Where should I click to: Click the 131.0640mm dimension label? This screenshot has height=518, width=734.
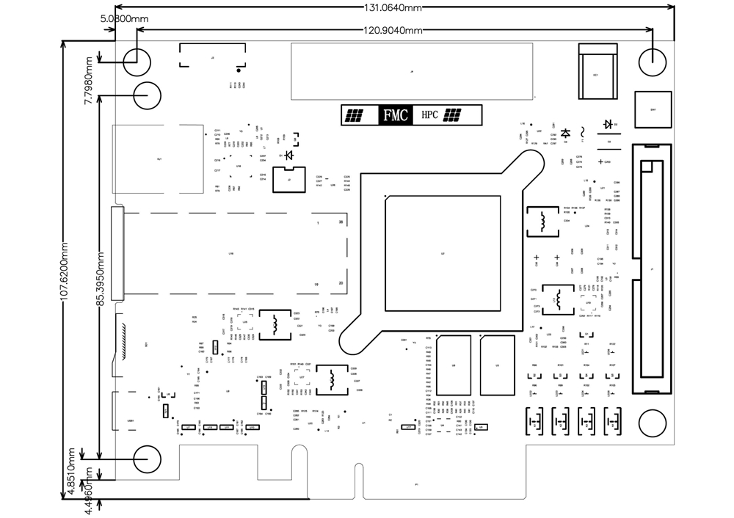pyautogui.click(x=393, y=8)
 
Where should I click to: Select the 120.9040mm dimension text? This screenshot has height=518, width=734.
pyautogui.click(x=393, y=30)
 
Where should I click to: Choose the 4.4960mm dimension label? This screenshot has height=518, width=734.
pyautogui.click(x=87, y=491)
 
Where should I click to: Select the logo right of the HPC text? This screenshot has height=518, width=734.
pyautogui.click(x=452, y=115)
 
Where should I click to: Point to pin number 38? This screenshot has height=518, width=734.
pyautogui.click(x=341, y=222)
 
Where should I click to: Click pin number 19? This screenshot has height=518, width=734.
pyautogui.click(x=316, y=283)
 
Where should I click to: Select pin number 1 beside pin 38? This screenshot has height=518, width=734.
pyautogui.click(x=317, y=222)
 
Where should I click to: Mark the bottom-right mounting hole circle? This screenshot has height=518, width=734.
pyautogui.click(x=651, y=423)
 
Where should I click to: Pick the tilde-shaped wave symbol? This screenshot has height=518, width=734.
pyautogui.click(x=584, y=131)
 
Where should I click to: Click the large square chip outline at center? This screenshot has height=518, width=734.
pyautogui.click(x=443, y=254)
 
